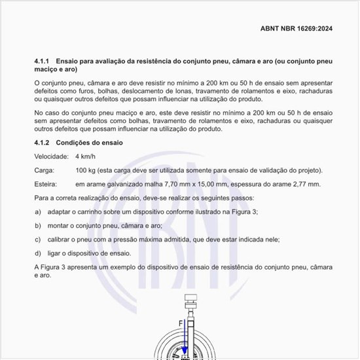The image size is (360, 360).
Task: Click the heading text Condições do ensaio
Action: pos(94,143)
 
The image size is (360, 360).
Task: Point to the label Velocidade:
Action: pos(51,157)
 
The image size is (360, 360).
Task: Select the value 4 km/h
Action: pos(86,157)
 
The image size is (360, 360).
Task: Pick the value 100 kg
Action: pos(86,171)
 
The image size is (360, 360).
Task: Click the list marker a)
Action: pos(38,212)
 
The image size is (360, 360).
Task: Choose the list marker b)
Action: pos(38,226)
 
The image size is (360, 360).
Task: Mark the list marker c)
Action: pos(38,240)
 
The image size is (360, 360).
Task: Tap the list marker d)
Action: pos(38,253)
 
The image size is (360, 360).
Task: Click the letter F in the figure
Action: pos(181,323)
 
